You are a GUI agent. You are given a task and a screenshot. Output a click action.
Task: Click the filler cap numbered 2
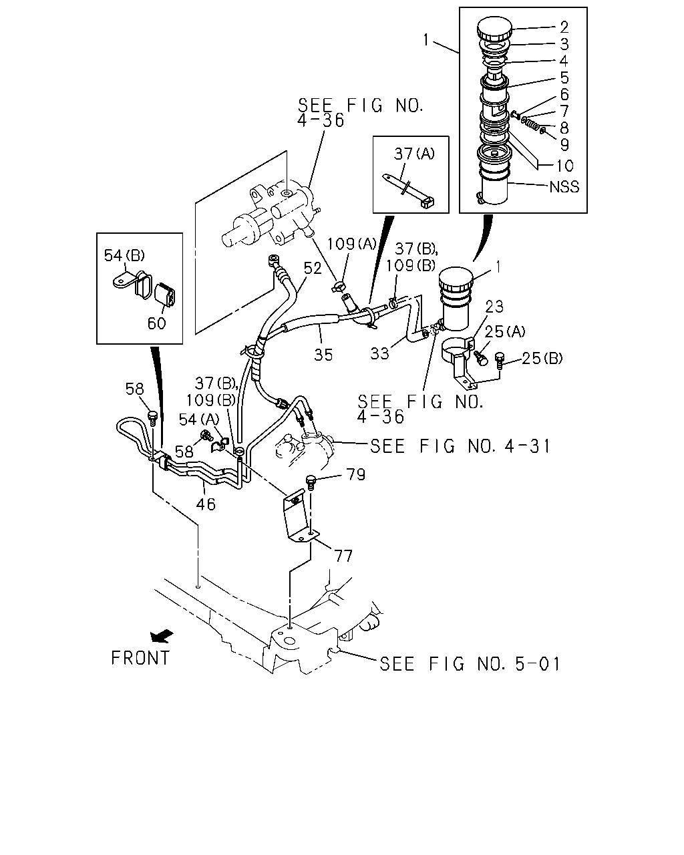click(x=494, y=28)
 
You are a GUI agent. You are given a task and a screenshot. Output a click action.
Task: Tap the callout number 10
click(x=564, y=166)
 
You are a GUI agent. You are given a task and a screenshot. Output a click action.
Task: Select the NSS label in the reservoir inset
click(x=564, y=187)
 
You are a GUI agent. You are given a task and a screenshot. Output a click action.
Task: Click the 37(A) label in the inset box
click(x=414, y=154)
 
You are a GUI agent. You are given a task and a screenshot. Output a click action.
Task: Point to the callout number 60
click(x=156, y=323)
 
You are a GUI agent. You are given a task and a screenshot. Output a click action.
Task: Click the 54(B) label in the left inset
click(x=124, y=255)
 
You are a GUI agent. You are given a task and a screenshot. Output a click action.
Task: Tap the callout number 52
click(x=313, y=269)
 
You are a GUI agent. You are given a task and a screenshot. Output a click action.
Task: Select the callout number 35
click(x=323, y=355)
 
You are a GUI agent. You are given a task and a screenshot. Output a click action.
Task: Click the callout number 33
click(x=379, y=353)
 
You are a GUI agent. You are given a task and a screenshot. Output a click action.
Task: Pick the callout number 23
click(x=494, y=307)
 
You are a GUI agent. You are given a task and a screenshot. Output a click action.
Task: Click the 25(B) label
click(x=542, y=359)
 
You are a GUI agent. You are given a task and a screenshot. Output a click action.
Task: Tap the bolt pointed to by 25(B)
click(x=500, y=359)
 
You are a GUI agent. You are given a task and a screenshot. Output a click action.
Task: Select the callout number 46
click(x=206, y=504)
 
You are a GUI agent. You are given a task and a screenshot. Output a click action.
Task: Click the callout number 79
click(x=356, y=474)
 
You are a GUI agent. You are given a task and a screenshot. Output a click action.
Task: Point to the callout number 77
click(x=343, y=556)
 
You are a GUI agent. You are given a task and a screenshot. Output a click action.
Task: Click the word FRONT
click(x=140, y=658)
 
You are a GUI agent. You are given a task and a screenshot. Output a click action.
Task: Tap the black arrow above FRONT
click(x=162, y=636)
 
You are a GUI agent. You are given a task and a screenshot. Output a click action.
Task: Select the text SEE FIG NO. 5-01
click(x=470, y=664)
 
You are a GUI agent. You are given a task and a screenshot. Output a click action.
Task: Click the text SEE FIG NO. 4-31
click(x=460, y=446)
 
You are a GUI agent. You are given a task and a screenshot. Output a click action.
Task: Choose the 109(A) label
click(x=351, y=244)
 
